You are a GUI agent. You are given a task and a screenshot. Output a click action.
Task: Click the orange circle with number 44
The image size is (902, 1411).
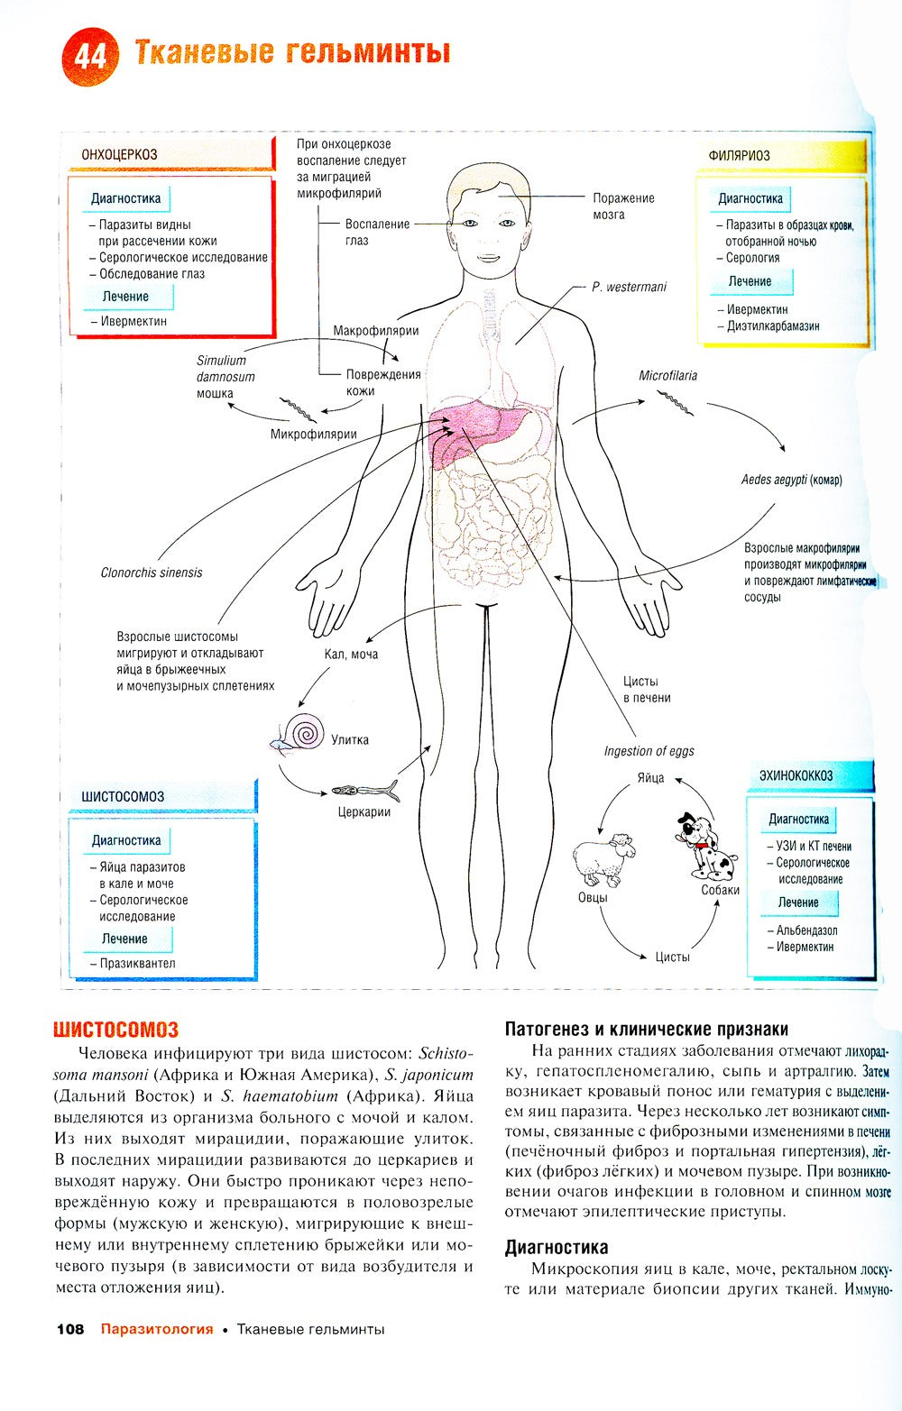coord(90,57)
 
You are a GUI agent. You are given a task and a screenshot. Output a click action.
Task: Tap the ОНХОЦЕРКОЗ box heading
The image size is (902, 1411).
coord(119,154)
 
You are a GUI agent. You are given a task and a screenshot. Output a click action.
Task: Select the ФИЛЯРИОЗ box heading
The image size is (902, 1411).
coord(739,155)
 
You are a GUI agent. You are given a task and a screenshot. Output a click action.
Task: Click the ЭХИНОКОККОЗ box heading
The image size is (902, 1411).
coord(795,775)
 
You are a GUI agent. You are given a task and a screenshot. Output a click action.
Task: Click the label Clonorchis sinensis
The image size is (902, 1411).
coord(152,573)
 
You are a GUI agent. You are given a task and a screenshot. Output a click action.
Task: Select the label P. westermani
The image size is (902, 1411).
coord(629,287)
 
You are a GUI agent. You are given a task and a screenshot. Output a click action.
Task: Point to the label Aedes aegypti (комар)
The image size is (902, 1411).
coord(791,480)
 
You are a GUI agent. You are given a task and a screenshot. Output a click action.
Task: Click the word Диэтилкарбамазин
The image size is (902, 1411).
coord(773,326)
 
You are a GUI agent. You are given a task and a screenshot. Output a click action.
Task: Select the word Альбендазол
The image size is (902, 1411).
coord(806,930)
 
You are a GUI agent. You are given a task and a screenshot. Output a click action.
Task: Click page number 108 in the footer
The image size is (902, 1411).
coord(69,1329)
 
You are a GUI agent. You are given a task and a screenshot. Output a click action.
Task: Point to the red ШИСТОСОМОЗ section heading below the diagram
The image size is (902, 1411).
coord(115,1029)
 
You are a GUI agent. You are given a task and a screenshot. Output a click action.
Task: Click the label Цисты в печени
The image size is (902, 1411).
coord(646,689)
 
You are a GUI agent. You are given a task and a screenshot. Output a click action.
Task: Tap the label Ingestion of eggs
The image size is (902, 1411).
coord(649,751)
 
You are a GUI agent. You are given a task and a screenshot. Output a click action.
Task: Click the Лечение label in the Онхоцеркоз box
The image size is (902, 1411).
coord(125,296)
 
